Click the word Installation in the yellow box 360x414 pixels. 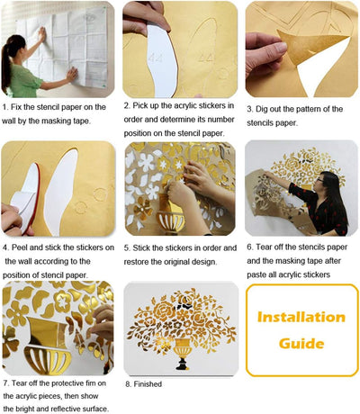tap(301, 317)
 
